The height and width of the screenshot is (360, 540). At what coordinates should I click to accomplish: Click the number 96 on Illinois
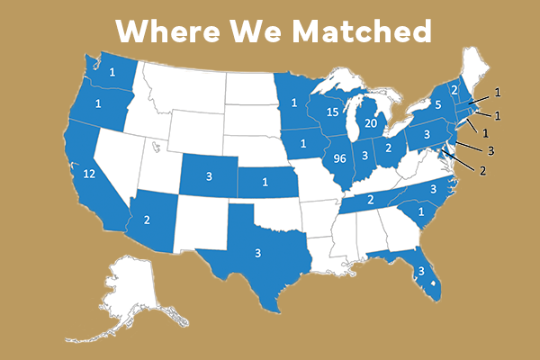pos(340,158)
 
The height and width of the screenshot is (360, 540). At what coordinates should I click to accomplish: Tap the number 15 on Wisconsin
pos(332,113)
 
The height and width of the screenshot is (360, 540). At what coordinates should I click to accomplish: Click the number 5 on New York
pos(438,103)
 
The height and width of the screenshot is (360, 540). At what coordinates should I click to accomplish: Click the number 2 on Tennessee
pos(370,200)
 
